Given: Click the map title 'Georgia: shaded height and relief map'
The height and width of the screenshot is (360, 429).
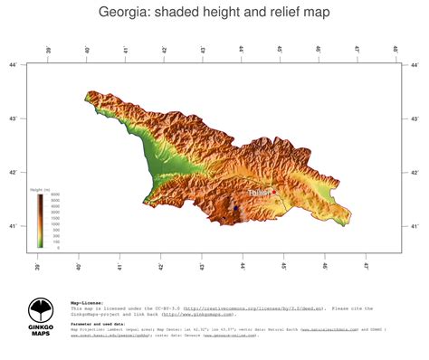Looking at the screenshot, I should coord(214,13).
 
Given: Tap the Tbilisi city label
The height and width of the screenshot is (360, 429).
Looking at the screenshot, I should coord(259,193).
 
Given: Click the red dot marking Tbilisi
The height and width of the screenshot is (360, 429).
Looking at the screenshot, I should coord(273,192).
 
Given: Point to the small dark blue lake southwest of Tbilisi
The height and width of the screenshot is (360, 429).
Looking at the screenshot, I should coord(235,207).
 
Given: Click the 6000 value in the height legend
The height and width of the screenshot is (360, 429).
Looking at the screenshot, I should coord(55,195).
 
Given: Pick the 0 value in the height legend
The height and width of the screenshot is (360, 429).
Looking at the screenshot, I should coord(59,247).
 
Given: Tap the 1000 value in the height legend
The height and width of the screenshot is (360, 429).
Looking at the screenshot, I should coord(55,224).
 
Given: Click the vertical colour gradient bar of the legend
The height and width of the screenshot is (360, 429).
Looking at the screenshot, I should coord(40,221).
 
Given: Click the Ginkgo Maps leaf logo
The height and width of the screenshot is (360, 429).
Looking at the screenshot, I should coord(40,312).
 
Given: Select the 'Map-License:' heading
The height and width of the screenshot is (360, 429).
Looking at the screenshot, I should coord(87,303).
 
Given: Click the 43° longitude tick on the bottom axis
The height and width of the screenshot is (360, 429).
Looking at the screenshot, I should coord(202,263).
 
